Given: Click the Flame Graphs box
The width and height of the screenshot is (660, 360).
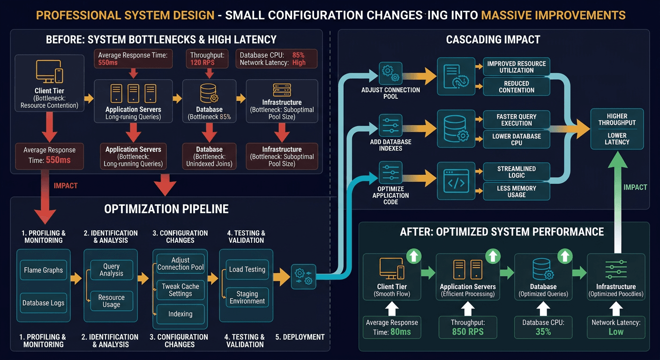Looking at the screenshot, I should (43, 270).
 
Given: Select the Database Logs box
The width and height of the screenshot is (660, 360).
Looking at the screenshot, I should (43, 303).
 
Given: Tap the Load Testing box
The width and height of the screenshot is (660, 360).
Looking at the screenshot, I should (247, 270).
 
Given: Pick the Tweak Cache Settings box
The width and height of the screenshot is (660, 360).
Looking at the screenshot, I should (180, 290).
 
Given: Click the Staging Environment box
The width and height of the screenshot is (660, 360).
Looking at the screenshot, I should (247, 297).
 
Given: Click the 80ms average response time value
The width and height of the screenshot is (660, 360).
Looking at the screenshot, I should (400, 332).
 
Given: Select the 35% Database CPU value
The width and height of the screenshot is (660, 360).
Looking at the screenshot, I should (543, 331).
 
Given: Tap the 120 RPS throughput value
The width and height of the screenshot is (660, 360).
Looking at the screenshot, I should (202, 62).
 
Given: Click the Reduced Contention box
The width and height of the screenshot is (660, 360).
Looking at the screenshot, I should (516, 87).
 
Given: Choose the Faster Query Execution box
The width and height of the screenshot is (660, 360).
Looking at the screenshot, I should (516, 120).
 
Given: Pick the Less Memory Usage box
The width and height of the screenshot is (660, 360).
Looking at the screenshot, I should (516, 191).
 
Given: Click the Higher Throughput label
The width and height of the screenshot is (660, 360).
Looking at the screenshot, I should (617, 120).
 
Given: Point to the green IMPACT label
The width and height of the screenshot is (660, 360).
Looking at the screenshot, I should (635, 187).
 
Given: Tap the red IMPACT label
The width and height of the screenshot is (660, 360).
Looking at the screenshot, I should (66, 186).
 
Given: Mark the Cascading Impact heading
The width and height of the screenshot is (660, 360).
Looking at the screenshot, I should (493, 40).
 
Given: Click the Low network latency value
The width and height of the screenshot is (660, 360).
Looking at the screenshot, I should (615, 331).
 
